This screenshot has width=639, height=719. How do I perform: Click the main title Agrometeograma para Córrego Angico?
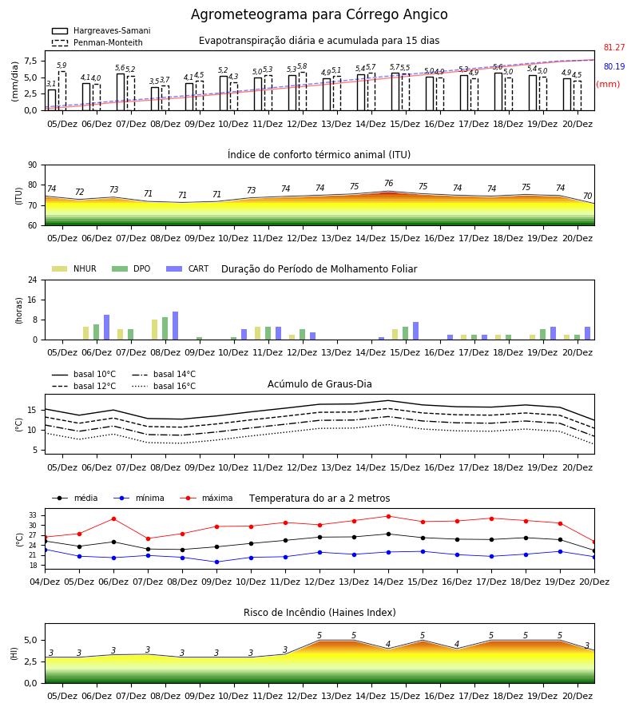coord(319,14)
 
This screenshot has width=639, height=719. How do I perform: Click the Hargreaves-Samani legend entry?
coord(101,30)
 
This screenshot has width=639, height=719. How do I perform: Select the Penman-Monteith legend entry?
coord(97,42)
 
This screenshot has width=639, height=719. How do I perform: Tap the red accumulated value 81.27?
coord(614,47)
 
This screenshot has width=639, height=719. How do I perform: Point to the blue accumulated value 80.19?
coord(614,66)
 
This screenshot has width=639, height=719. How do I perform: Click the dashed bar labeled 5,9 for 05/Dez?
coord(62,91)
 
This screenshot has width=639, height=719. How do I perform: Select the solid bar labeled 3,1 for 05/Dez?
coord(52,100)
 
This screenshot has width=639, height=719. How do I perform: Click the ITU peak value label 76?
coord(389,183)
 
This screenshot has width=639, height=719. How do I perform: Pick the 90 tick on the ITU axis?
coord(33,165)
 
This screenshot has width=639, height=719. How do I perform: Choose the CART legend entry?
coord(187,268)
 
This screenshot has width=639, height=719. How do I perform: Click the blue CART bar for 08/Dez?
coord(175,326)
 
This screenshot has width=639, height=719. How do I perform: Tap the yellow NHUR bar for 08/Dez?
coord(154,330)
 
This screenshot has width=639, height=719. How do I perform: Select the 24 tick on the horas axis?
coord(33,280)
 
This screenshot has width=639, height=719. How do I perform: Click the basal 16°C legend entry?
coord(164,386)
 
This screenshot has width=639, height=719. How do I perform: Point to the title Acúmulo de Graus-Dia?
coord(319,383)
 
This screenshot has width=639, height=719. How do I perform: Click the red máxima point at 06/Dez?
coord(113,518)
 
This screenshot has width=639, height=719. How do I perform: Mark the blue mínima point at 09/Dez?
coord(216,562)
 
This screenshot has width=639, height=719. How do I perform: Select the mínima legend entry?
coord(139,498)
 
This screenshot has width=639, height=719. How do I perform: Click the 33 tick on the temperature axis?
coord(33,515)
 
